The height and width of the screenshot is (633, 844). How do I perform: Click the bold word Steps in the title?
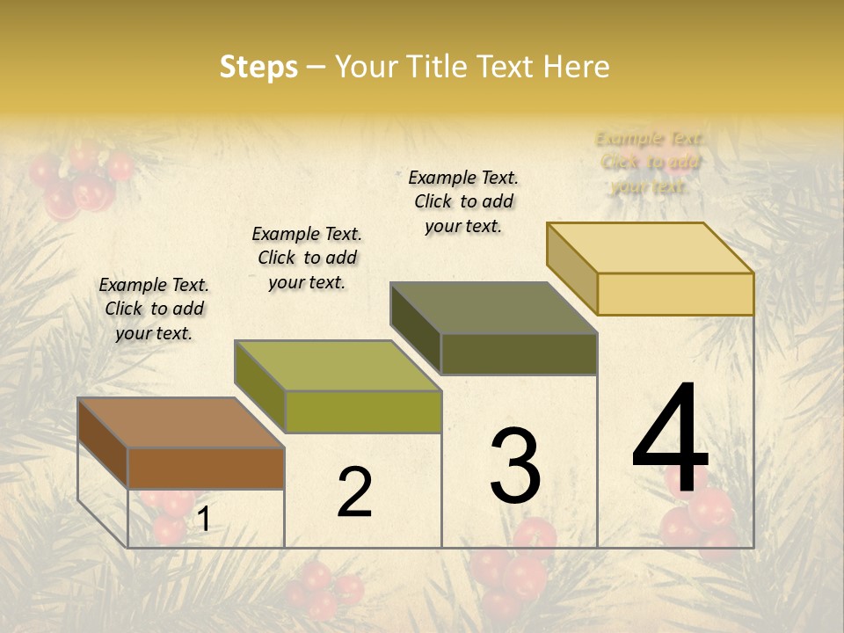coord(258,67)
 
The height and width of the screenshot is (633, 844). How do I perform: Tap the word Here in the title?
coord(576,67)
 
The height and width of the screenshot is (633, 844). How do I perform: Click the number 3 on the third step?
coord(515,466)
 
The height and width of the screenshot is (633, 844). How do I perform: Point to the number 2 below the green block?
coord(354,492)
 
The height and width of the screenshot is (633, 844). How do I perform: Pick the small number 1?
coord(203,520)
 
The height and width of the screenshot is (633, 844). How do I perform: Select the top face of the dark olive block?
coord(493,308)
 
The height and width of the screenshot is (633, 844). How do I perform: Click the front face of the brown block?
coord(206,468)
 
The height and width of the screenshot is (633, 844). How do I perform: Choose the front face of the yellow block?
coord(675,294)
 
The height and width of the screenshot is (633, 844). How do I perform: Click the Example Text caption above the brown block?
coord(154,309)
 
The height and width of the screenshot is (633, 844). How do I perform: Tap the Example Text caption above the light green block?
coord(307,258)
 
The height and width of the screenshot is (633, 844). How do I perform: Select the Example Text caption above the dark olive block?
coord(463,201)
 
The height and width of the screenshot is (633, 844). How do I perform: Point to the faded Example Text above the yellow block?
coord(650,162)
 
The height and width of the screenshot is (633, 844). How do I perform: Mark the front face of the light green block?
coord(363,411)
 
